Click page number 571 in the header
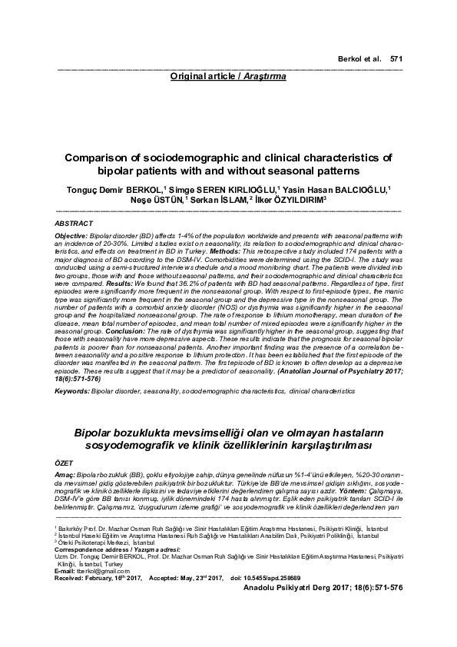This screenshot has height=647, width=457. [396, 58]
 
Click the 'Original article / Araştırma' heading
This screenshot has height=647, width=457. [229, 78]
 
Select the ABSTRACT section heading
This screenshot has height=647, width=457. [75, 222]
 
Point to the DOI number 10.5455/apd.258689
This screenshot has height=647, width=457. [267, 577]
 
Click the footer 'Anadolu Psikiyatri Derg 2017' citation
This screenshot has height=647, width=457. [295, 586]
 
